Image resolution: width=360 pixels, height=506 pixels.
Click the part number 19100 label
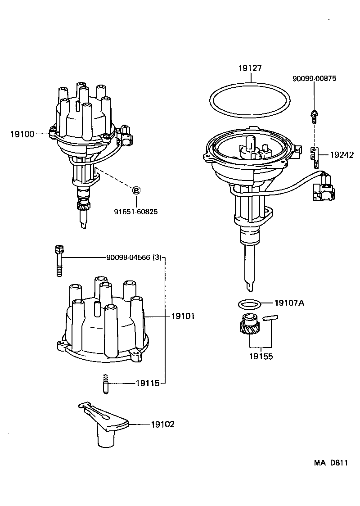click(x=21, y=134)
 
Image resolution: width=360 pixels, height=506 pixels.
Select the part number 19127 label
click(x=250, y=68)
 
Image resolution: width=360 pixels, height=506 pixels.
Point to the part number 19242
click(x=342, y=154)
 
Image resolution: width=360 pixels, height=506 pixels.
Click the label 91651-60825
click(x=135, y=211)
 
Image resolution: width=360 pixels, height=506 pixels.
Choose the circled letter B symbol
click(x=135, y=190)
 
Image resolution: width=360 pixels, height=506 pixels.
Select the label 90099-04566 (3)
click(x=134, y=258)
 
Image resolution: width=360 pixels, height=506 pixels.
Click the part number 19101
click(x=183, y=316)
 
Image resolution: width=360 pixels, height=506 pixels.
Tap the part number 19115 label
click(x=147, y=384)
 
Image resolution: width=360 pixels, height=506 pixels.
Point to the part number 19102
click(x=162, y=424)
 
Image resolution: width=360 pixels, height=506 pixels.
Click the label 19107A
click(x=289, y=303)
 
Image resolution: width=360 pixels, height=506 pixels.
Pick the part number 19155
click(x=261, y=356)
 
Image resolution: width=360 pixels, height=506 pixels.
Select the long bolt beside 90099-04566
click(x=58, y=261)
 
